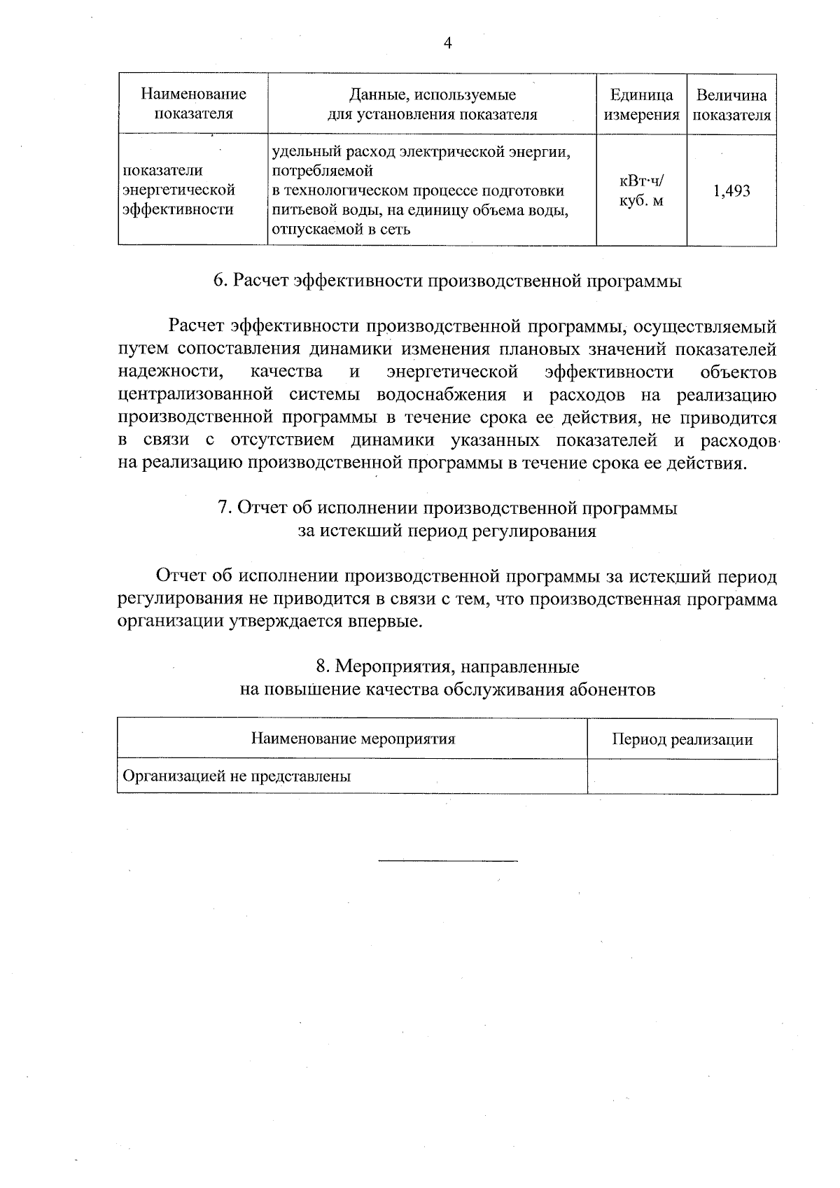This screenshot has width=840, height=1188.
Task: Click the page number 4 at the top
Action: [447, 43]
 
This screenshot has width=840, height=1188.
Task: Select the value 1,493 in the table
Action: [731, 191]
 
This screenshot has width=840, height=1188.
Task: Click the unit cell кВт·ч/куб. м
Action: [641, 191]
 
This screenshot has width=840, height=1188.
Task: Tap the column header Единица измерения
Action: [641, 105]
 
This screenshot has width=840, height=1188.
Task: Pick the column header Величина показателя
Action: [731, 105]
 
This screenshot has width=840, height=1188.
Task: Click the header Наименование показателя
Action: [193, 104]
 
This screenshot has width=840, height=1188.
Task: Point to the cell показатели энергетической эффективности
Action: [178, 190]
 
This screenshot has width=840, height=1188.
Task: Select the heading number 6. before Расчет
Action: [220, 281]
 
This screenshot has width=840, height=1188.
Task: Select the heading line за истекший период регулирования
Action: [447, 531]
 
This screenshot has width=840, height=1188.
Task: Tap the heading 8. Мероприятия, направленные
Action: [447, 666]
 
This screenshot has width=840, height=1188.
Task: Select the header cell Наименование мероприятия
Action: [352, 739]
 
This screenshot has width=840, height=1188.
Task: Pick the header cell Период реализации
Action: [682, 740]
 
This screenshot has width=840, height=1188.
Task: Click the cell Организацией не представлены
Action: [237, 776]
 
